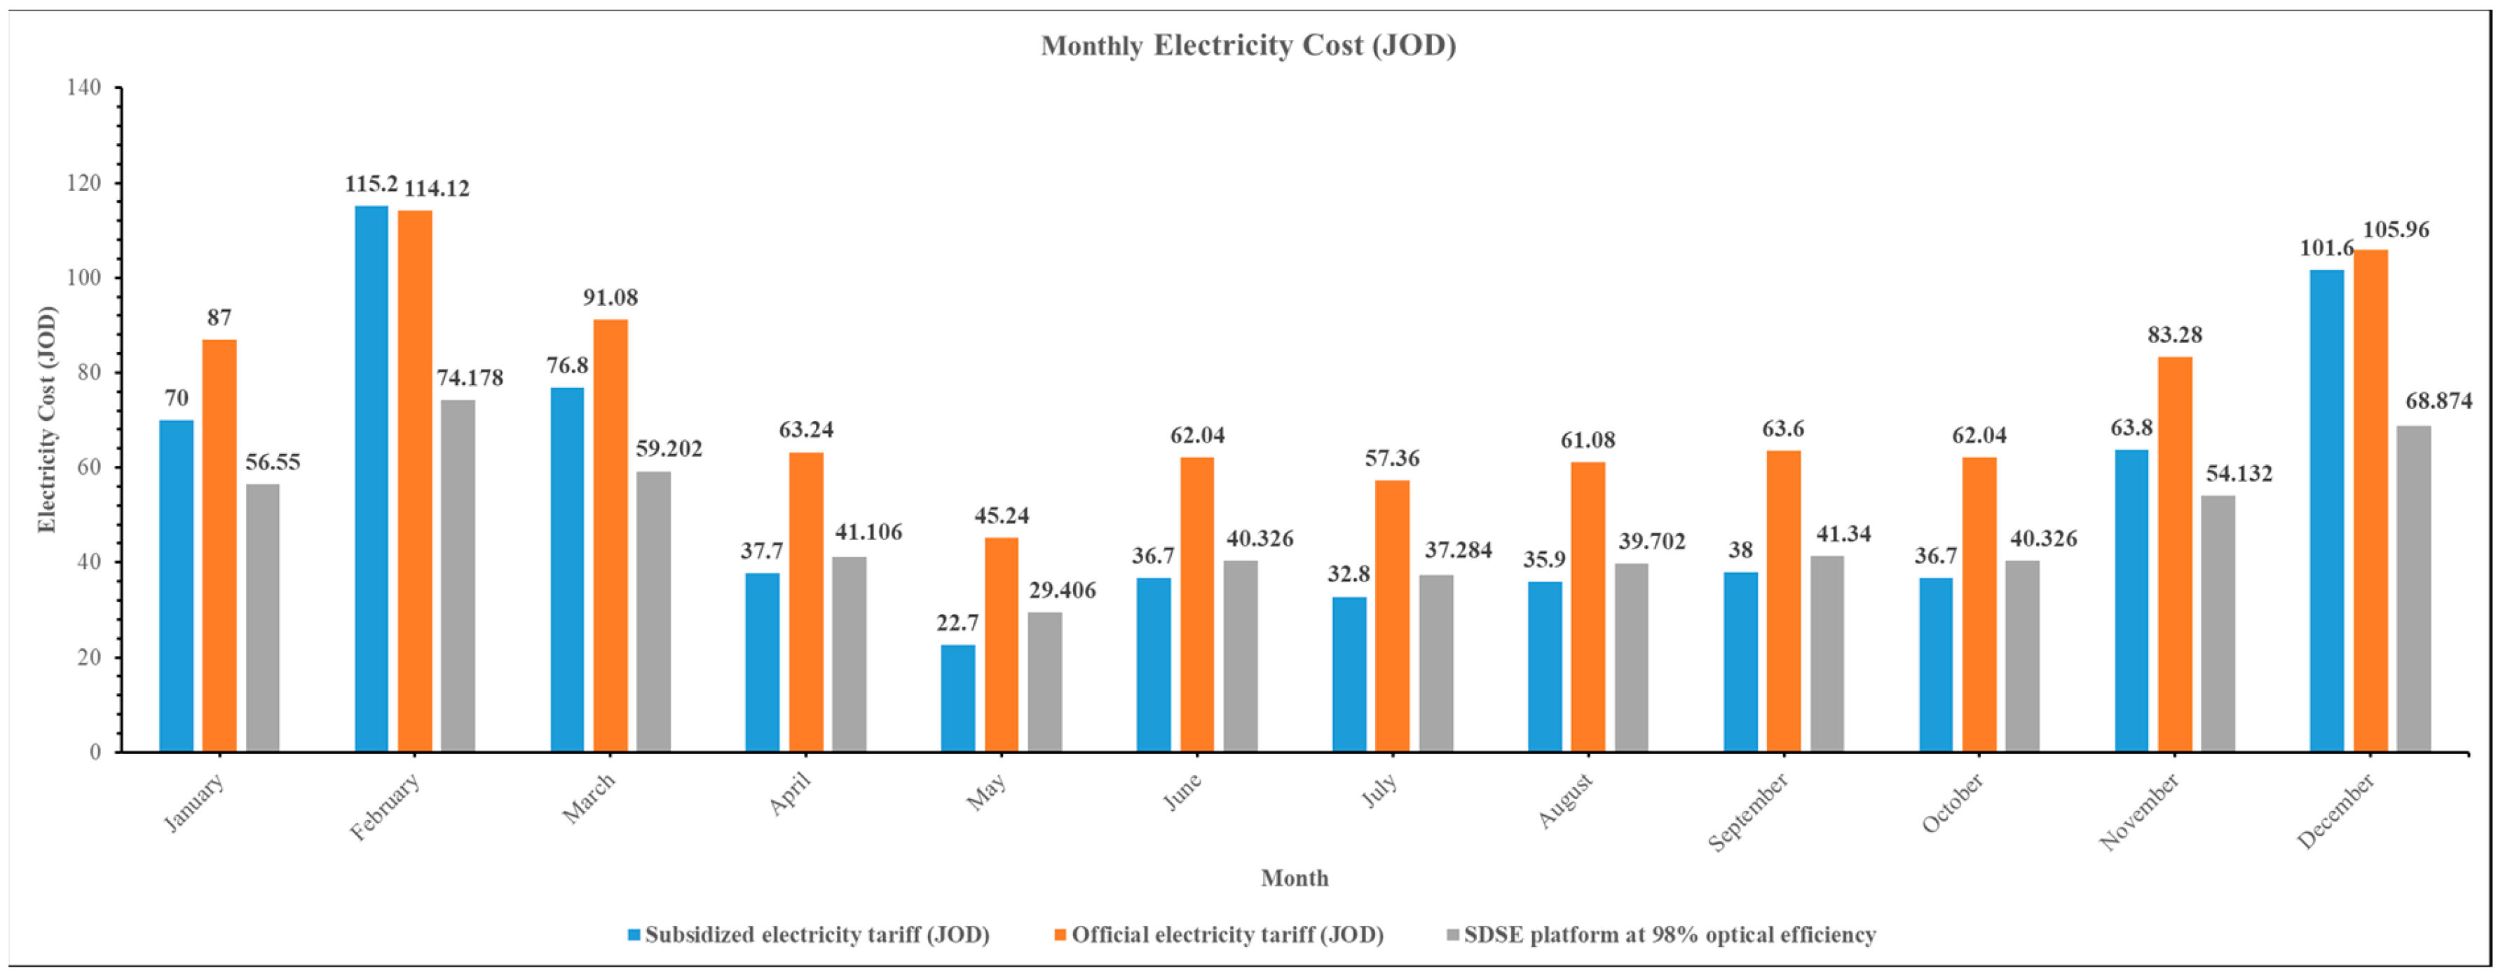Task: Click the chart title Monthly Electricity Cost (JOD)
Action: click(x=1248, y=46)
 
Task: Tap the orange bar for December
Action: click(x=2371, y=501)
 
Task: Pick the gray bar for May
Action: click(x=1044, y=682)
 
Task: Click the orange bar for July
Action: click(x=1393, y=616)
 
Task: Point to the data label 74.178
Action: click(x=470, y=378)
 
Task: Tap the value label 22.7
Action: click(x=957, y=623)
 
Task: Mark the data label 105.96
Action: click(x=2395, y=230)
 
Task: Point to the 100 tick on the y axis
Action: click(x=83, y=278)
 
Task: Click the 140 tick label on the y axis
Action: click(x=83, y=87)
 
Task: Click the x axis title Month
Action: click(x=1295, y=878)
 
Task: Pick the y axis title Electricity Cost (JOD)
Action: click(x=46, y=419)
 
